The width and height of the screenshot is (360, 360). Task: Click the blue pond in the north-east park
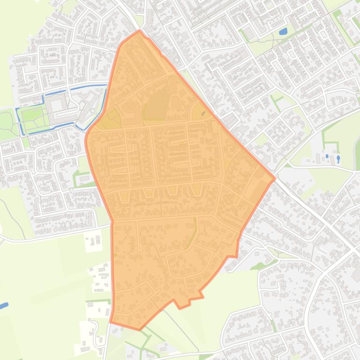click(x=283, y=32)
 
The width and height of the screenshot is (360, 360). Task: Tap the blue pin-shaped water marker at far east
click(x=338, y=158)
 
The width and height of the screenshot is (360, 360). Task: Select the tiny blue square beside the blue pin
click(x=327, y=156)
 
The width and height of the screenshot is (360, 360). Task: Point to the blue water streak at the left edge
click(x=4, y=305)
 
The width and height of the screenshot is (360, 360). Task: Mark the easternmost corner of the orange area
click(x=275, y=178)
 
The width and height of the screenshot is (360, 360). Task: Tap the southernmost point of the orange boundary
click(x=140, y=330)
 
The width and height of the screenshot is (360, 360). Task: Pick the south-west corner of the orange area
click(x=110, y=322)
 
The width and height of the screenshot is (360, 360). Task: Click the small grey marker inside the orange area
click(x=203, y=113)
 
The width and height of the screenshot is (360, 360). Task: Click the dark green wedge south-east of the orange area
click(x=257, y=266)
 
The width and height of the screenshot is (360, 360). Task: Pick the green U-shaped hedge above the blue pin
click(x=330, y=136)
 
